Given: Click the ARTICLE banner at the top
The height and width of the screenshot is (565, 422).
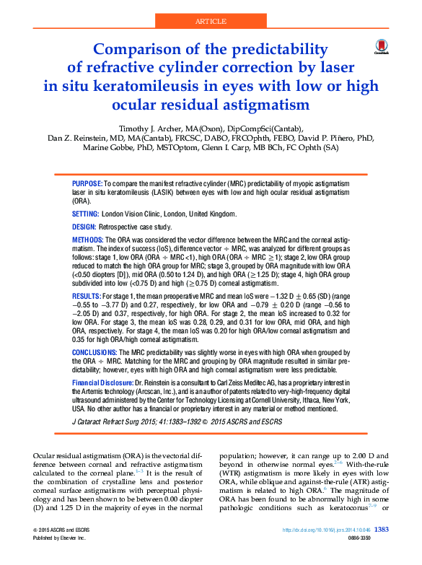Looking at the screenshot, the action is pyautogui.click(x=211, y=23).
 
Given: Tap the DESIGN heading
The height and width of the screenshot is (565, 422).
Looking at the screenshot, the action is pyautogui.click(x=84, y=226).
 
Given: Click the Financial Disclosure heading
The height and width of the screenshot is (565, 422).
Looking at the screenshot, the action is pyautogui.click(x=105, y=381).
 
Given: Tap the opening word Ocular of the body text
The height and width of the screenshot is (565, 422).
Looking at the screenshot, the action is pyautogui.click(x=48, y=457).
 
